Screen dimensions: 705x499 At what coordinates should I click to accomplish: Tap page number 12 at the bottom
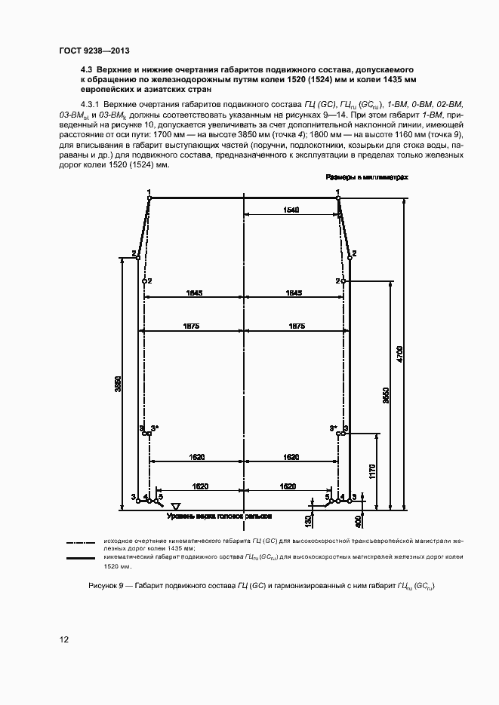[65, 640]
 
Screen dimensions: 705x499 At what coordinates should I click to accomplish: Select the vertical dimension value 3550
[386, 397]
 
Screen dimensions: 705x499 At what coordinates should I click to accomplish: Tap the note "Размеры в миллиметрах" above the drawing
[367, 177]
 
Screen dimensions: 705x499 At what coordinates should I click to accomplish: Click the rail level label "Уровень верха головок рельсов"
[218, 516]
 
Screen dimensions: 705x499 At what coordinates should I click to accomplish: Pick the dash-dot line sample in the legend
[81, 541]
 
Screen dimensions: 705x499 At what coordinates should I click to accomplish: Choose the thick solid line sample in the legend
[81, 558]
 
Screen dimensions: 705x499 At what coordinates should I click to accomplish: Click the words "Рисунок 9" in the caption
[103, 587]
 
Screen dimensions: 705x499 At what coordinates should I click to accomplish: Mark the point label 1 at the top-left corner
[149, 192]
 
